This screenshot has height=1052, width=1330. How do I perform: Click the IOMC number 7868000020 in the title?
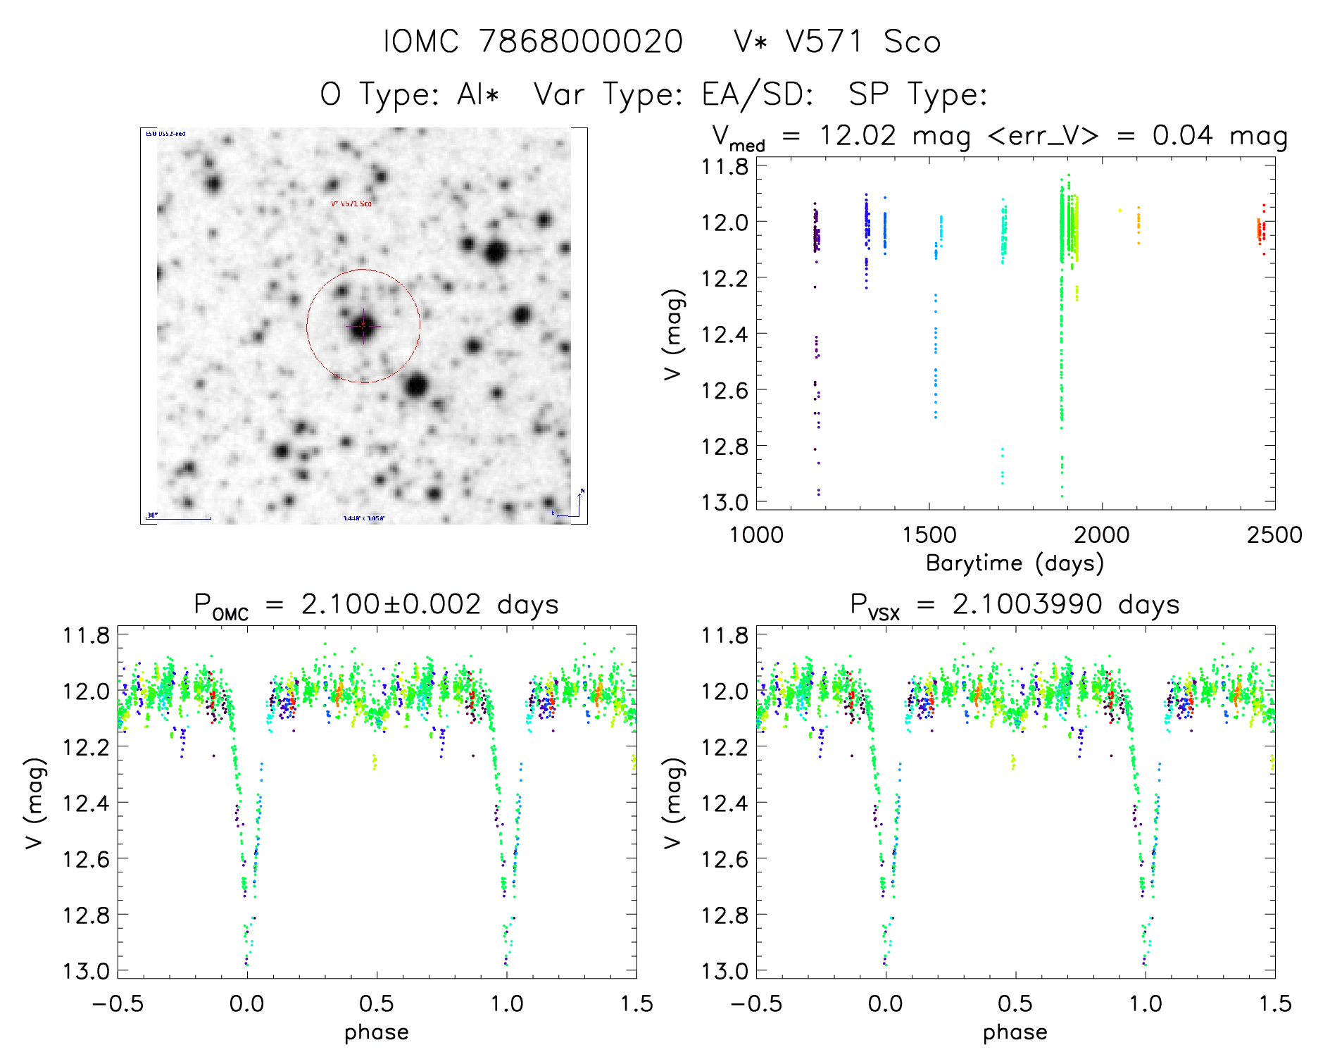pos(580,42)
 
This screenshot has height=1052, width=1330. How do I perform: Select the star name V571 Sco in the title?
pos(862,42)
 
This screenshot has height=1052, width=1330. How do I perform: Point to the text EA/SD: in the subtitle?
pos(758,94)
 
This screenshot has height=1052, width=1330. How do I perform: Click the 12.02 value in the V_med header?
pos(858,135)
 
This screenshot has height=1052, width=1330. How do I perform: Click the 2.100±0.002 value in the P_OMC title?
pos(391,604)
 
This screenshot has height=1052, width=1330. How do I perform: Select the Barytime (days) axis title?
pos(1015,563)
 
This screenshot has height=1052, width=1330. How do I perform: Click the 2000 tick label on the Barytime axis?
pos(1101,534)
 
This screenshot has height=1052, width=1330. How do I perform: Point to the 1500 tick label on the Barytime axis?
pos(929,534)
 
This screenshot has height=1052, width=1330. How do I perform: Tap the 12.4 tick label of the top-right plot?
pos(724,334)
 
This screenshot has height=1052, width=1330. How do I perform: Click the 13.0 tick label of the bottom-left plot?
pos(86,971)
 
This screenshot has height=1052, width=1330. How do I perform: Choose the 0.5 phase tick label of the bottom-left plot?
pos(377,1003)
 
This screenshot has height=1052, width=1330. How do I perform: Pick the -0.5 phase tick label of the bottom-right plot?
pos(756,1003)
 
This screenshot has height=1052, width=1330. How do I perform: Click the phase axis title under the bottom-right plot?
pos(1015,1032)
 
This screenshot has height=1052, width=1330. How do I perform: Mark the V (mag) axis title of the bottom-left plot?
pos(34,803)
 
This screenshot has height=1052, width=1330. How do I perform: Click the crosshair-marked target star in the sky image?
pos(363,326)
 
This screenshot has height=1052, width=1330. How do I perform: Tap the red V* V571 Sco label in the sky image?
pos(351,203)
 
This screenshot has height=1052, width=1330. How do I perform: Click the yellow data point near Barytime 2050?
pos(1119,210)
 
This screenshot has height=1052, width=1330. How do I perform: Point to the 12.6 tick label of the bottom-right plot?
pos(724,858)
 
